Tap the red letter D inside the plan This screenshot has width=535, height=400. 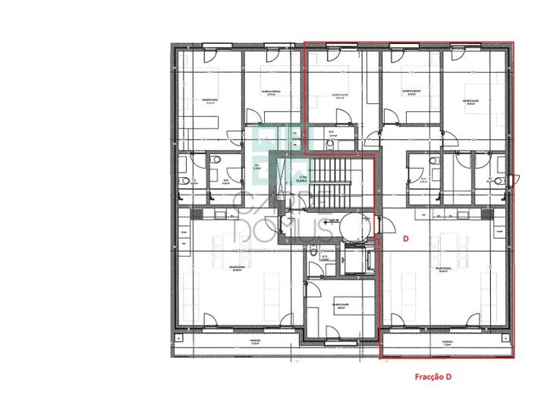point(405,239)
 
